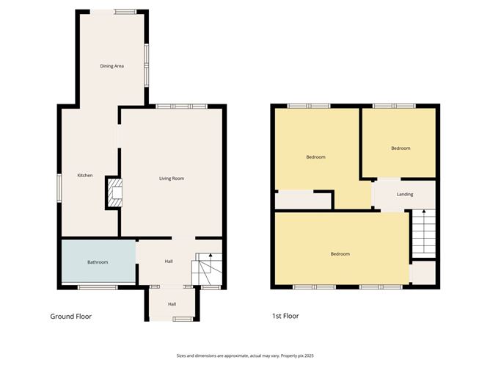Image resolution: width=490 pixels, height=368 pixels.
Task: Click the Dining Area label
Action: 112,66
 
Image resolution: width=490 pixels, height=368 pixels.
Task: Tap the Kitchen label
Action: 85,176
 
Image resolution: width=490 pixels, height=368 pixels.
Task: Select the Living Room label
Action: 172,178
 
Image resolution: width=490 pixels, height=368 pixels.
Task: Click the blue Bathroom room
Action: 98,261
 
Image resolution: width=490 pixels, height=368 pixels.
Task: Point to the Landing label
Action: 405,195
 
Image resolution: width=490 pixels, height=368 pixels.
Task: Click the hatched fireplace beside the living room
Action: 114,192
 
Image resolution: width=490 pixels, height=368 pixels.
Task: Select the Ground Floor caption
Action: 71,317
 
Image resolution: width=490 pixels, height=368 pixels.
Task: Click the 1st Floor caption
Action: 285,316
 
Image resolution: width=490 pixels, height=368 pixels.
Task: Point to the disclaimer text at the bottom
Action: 245,356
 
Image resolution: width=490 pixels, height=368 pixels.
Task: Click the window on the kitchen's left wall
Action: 59,188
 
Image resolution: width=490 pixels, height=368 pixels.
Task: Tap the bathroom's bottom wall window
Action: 98,287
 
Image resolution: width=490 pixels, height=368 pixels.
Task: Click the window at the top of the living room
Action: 182,107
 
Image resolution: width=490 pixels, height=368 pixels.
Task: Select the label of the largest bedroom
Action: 340,254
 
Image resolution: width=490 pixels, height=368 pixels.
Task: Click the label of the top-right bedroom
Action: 401,148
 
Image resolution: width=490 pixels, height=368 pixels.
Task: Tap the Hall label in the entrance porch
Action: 172,304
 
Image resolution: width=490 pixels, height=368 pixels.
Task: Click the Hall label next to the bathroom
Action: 169,261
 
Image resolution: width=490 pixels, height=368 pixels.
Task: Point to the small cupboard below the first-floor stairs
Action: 424,273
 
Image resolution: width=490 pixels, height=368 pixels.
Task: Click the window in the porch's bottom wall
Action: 183,319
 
